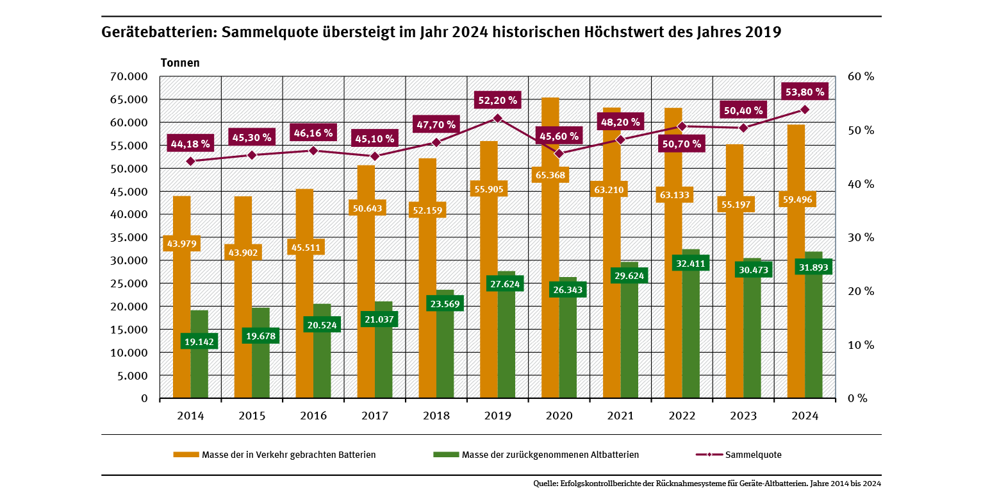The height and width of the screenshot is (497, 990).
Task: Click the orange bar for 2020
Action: tap(550, 289)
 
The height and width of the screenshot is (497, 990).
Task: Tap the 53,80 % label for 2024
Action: tap(805, 92)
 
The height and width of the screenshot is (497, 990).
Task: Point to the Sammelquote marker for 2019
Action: tap(497, 118)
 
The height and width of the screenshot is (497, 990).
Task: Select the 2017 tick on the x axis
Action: tap(375, 416)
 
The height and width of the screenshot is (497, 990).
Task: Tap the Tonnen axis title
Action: tap(180, 63)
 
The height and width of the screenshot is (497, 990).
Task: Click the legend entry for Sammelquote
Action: tap(753, 455)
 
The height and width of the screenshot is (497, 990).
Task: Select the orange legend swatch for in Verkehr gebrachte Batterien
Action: tap(186, 455)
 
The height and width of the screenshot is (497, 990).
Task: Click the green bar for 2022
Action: tap(691, 333)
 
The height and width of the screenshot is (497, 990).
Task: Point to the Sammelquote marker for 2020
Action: tap(559, 153)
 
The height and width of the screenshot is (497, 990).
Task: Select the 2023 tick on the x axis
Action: tap(743, 416)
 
